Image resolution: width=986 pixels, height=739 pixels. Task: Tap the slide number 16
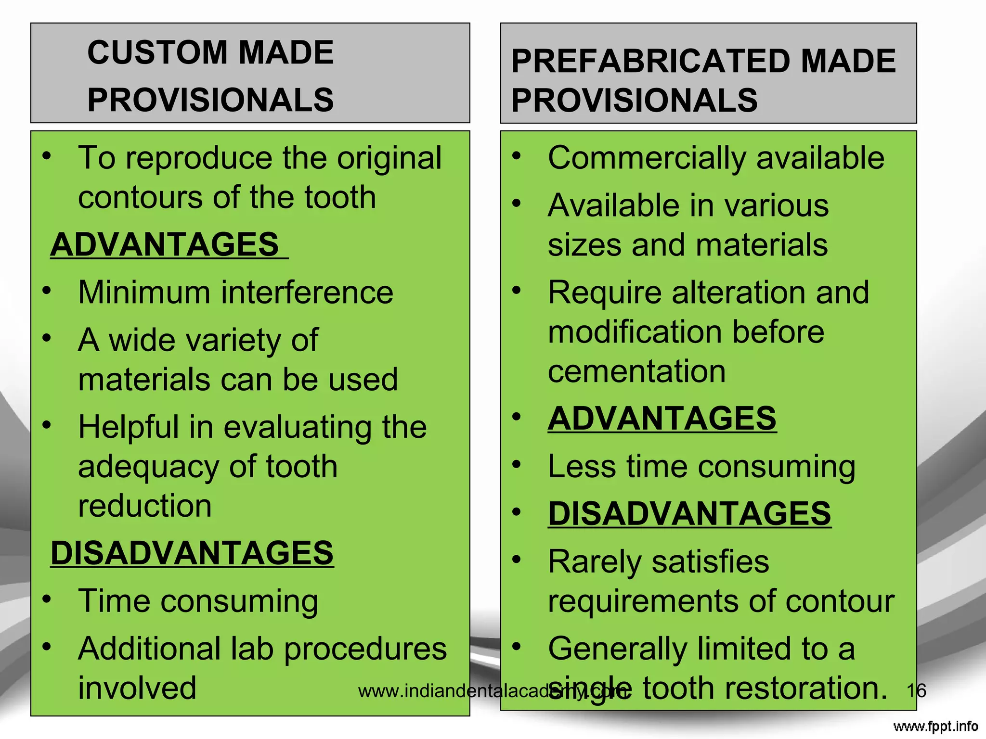tap(916, 691)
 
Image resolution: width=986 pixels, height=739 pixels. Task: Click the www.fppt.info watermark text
tap(935, 726)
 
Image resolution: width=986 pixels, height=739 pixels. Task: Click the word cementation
tap(636, 371)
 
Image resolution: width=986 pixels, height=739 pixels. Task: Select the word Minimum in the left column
tap(144, 293)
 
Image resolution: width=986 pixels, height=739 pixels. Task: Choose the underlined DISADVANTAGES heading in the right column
tap(689, 514)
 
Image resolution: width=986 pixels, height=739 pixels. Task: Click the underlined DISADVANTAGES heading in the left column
tap(192, 553)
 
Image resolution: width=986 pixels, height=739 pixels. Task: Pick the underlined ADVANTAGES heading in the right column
tap(662, 418)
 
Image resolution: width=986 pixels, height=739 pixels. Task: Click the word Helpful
tap(129, 427)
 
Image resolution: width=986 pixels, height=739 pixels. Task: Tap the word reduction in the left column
tap(145, 506)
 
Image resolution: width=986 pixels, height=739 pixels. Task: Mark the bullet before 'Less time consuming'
tap(517, 464)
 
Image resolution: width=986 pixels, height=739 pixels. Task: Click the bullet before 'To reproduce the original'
tap(47, 155)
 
